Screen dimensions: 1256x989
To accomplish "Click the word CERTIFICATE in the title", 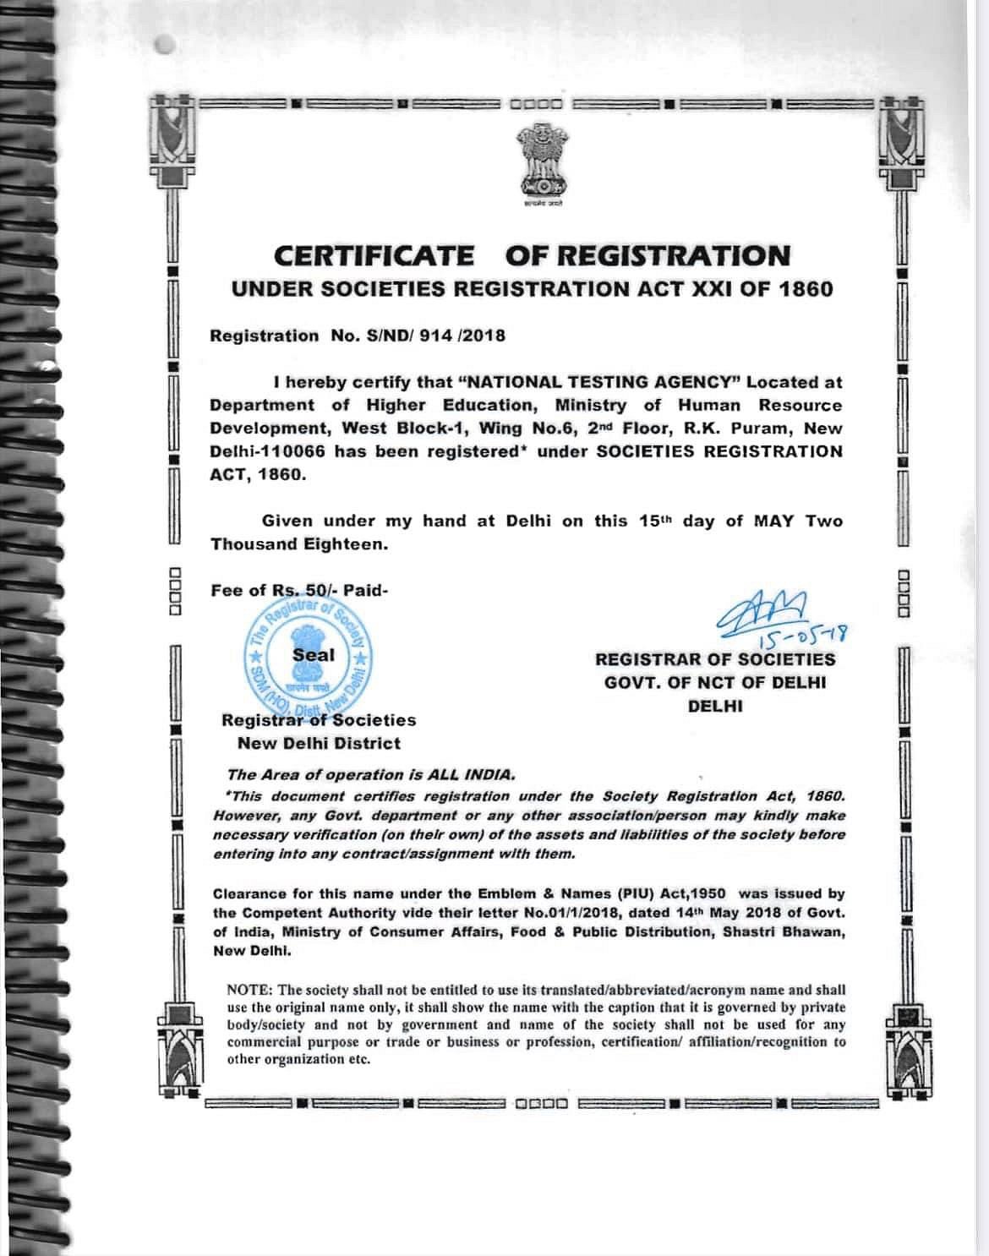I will click(374, 255).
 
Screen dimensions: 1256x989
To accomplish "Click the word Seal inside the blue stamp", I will click(314, 654).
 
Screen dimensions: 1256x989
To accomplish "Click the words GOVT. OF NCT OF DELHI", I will click(714, 682).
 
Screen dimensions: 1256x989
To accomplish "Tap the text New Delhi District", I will click(319, 744).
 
